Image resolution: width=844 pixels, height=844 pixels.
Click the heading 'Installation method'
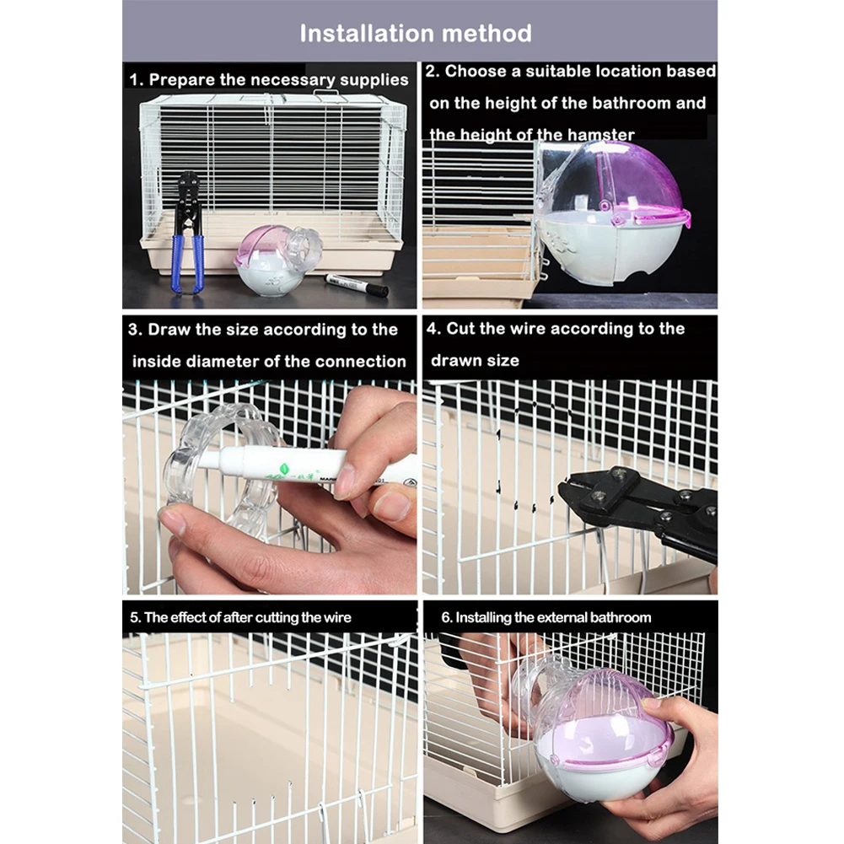tap(416, 34)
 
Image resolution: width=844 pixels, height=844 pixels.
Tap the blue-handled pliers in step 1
tap(189, 232)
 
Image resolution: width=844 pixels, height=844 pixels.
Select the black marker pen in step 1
tap(357, 284)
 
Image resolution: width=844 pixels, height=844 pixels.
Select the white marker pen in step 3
tap(307, 465)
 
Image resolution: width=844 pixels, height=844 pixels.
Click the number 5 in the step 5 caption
tap(133, 617)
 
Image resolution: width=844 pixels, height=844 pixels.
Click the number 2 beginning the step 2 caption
tap(430, 71)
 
